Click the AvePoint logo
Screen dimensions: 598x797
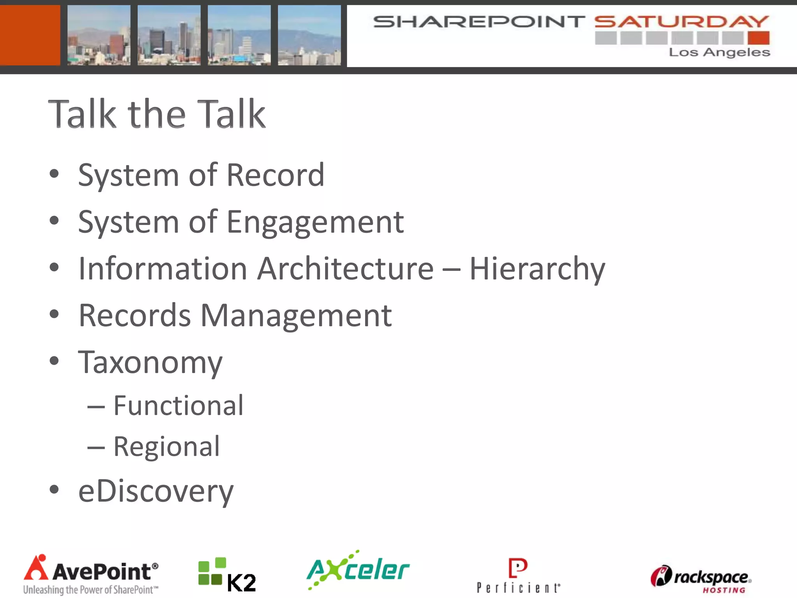tap(91, 575)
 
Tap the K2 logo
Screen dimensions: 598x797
tap(227, 575)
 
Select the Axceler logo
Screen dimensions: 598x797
tap(358, 570)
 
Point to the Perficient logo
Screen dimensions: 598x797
tap(518, 575)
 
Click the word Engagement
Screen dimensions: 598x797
tap(315, 222)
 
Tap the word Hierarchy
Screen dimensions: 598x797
tap(537, 269)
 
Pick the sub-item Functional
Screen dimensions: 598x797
tap(178, 406)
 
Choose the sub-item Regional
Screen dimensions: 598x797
tap(167, 447)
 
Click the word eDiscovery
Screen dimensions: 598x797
tap(156, 491)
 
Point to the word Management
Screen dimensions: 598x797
tap(296, 315)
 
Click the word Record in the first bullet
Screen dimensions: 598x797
tap(275, 175)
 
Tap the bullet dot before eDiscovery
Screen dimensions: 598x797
tap(54, 489)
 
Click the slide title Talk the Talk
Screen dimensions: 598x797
tap(157, 114)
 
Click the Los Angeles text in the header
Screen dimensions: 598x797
tap(719, 52)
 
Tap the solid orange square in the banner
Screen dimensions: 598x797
tap(30, 35)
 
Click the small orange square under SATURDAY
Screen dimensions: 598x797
tap(758, 38)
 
